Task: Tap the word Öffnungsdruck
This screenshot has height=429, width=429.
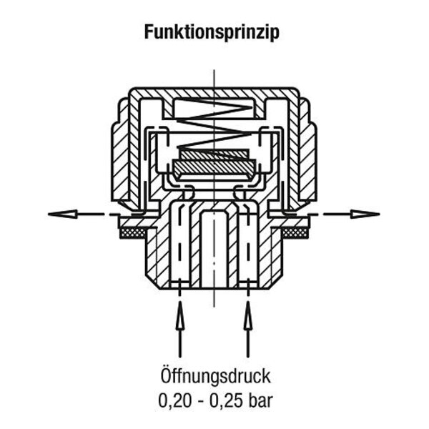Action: tap(214, 375)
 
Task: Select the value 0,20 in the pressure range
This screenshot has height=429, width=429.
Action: tap(173, 398)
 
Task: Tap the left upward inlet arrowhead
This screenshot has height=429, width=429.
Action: tap(179, 310)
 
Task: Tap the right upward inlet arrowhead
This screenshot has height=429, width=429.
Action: tap(248, 310)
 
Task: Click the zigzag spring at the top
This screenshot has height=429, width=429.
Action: tap(214, 119)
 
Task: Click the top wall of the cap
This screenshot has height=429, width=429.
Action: tap(214, 93)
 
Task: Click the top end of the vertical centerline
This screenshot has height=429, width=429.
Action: tap(214, 70)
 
